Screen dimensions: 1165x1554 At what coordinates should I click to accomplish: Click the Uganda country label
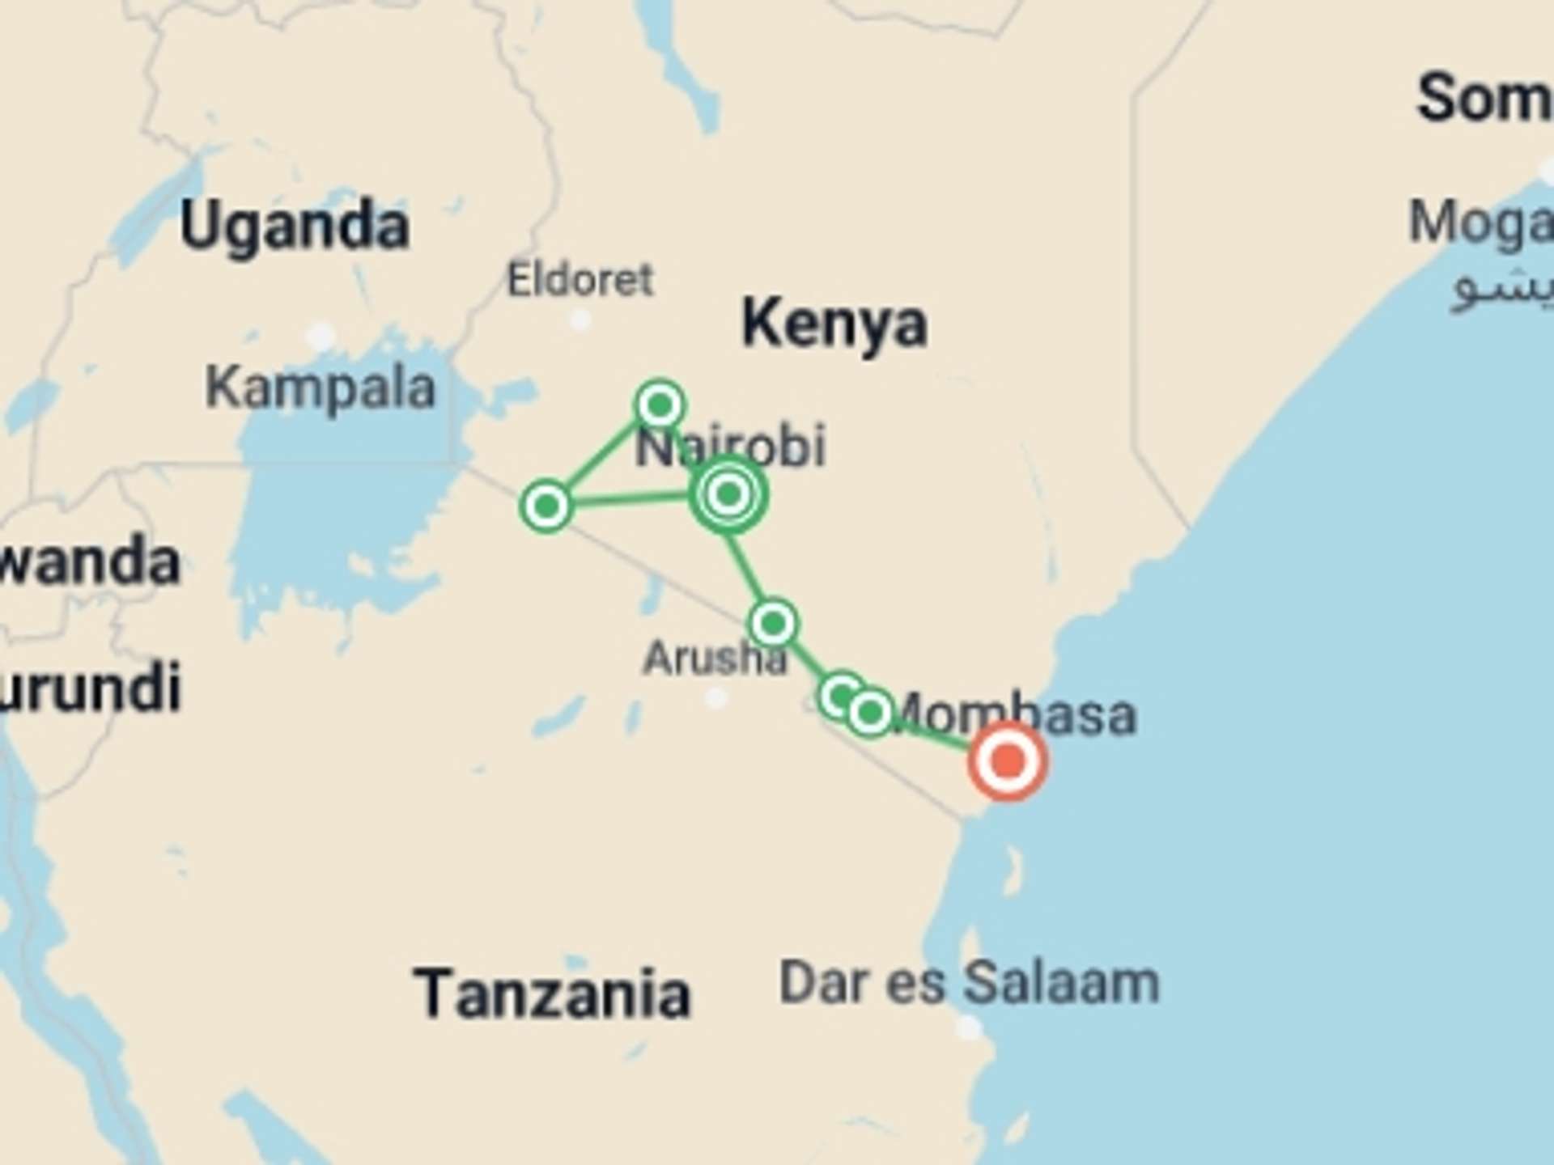[295, 227]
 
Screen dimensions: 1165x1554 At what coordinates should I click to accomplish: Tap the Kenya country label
[834, 324]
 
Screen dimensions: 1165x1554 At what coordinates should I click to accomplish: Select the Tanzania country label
[553, 993]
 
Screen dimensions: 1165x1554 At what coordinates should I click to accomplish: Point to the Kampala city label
[321, 388]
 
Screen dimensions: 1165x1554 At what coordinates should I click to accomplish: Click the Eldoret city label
[580, 280]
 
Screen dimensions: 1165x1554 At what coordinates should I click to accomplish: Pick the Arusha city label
[715, 659]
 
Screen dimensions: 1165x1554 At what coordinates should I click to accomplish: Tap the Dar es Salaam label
[969, 983]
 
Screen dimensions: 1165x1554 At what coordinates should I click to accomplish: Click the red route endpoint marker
[1008, 761]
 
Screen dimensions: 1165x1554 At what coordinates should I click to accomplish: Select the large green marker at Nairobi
[728, 494]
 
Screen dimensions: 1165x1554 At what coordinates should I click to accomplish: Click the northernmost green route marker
[660, 404]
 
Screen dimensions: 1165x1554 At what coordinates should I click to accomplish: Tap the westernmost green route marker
[546, 506]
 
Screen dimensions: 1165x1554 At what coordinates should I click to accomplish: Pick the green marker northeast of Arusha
[774, 623]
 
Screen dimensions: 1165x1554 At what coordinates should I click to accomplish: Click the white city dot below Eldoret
[580, 320]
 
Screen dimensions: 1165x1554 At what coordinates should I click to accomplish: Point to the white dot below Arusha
[715, 698]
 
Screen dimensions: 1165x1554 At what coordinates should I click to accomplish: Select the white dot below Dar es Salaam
[968, 1028]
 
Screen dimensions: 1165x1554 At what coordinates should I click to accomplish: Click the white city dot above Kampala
[321, 336]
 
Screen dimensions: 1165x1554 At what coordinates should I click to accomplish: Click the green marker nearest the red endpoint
[870, 713]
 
